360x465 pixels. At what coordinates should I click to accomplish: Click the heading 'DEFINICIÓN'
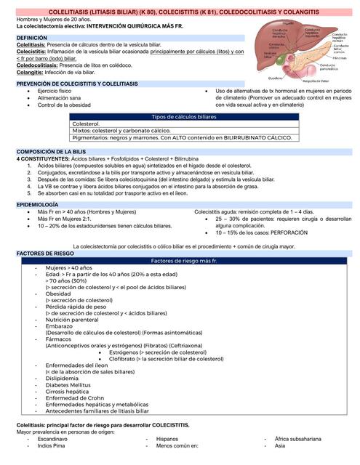[32, 36]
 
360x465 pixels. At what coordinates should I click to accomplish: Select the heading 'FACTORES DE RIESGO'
[44, 254]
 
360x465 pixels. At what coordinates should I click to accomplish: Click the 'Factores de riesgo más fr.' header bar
[180, 260]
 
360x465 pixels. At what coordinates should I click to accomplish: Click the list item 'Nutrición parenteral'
[75, 319]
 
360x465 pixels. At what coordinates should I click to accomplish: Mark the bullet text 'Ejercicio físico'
[61, 91]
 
